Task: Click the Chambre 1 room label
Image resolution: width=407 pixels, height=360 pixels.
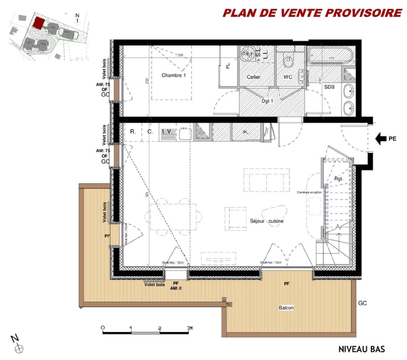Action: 174,75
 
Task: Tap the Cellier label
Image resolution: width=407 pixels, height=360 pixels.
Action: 253,77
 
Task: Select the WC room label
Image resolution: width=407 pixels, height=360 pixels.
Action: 288,77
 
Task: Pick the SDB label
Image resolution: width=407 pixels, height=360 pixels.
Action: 329,87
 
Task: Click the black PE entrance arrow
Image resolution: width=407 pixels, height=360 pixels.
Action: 381,138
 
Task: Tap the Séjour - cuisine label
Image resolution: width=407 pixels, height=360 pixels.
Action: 267,221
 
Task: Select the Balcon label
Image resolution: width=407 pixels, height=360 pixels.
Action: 286,308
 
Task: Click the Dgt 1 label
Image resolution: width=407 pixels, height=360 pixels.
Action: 267,101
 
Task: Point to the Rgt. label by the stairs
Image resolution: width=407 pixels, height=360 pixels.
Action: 338,179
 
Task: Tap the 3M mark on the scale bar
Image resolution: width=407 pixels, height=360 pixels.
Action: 189,328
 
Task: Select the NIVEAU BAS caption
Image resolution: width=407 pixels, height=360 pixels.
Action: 361,349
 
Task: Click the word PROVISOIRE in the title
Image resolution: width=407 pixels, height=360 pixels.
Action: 363,13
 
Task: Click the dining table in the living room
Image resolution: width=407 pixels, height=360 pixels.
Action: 173,217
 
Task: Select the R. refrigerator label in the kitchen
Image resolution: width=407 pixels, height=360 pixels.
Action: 133,132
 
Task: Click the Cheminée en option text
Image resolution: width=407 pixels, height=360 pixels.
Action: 309,192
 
